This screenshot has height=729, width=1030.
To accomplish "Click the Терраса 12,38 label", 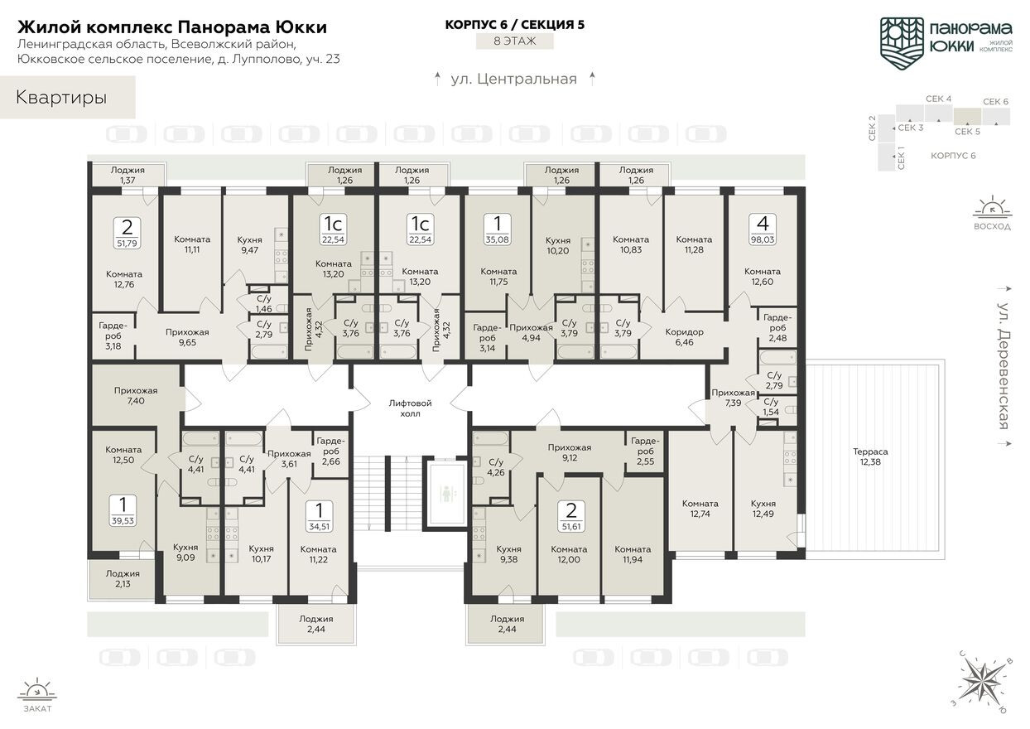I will tap(870, 456).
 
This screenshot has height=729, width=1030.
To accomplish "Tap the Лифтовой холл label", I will tap(411, 408).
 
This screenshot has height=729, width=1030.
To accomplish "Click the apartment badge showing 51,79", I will tap(126, 234).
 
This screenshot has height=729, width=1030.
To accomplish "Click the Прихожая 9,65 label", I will tap(187, 337).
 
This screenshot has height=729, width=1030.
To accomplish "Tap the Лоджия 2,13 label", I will tap(123, 578).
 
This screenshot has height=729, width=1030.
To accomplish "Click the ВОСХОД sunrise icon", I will tap(991, 208).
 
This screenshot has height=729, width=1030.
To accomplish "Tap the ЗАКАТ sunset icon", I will tap(37, 690).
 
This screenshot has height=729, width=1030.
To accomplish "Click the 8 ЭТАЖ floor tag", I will tap(514, 41).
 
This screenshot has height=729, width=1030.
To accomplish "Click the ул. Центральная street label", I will tap(513, 80).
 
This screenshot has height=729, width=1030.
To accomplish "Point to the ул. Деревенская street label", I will tap(1003, 365).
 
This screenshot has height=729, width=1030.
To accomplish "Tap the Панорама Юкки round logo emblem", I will tap(902, 40).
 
